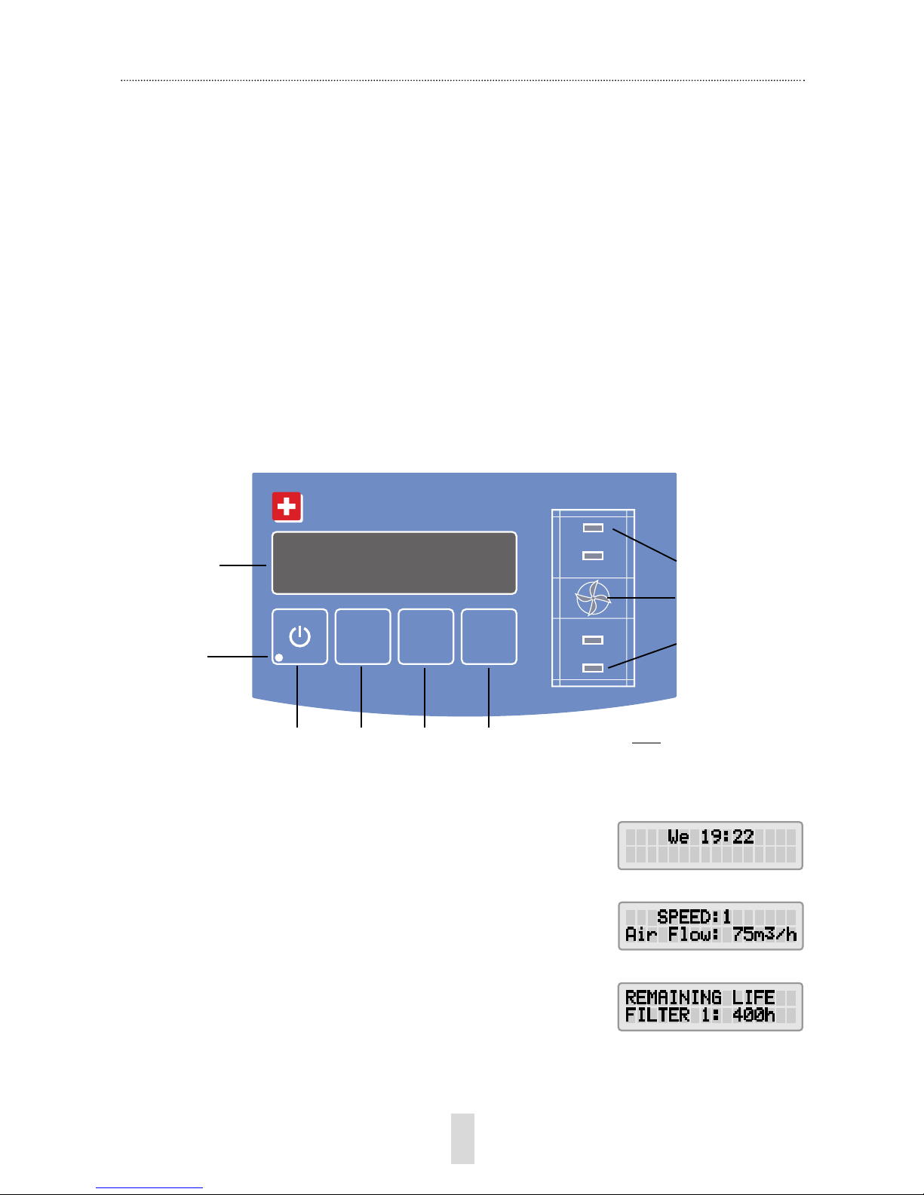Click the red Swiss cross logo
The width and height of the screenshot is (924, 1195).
tap(287, 507)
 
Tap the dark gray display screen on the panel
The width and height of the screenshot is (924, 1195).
tap(394, 562)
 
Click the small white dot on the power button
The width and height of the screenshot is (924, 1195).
tap(279, 657)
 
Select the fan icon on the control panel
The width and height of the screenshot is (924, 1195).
tap(593, 599)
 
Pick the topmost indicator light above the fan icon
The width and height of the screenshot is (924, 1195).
tap(593, 528)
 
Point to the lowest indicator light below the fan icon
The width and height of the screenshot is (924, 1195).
tap(593, 668)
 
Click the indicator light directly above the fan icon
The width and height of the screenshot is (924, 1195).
tap(593, 556)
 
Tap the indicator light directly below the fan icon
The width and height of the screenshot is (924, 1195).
tap(593, 640)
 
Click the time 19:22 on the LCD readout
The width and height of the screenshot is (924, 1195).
tap(727, 837)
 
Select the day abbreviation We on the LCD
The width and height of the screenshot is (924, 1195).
tap(678, 837)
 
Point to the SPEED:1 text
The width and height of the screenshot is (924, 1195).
tap(694, 917)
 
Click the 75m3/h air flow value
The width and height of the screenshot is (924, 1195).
tap(765, 934)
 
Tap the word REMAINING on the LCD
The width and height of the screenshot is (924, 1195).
tap(673, 997)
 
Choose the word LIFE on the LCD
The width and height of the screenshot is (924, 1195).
tap(754, 997)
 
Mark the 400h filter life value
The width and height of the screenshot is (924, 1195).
tap(754, 1015)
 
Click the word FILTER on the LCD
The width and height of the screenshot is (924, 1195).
tap(657, 1015)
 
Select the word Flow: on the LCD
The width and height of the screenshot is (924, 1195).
tap(694, 934)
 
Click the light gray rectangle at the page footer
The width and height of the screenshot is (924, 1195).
tap(462, 1139)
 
